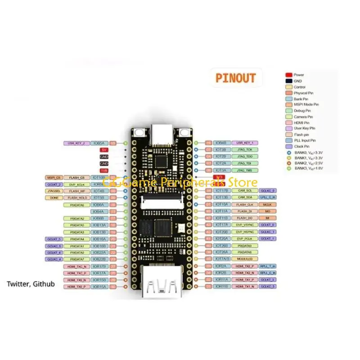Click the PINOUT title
pyautogui.click(x=235, y=77)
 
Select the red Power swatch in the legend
pyautogui.click(x=289, y=75)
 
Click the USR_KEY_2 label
pyautogui.click(x=76, y=143)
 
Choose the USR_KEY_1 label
pyautogui.click(x=245, y=143)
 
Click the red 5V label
pyautogui.click(x=104, y=149)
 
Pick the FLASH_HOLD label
pyautogui.click(x=77, y=198)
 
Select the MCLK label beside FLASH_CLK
pyautogui.click(x=268, y=204)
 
